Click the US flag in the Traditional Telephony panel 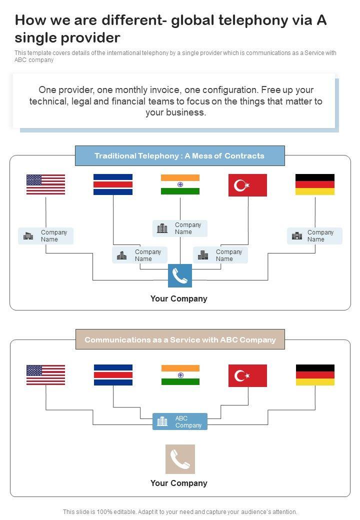click(45, 184)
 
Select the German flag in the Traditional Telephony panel click(315, 184)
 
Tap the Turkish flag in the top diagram click(247, 185)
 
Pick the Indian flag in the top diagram click(180, 184)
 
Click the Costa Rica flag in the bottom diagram click(113, 375)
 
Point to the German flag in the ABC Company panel click(315, 375)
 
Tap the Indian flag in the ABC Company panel click(180, 375)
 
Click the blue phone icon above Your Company click(180, 275)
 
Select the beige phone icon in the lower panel click(180, 459)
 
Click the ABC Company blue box click(180, 421)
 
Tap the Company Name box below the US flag click(46, 236)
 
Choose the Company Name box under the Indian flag click(180, 228)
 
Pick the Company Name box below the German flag click(314, 236)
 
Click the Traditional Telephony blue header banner click(179, 156)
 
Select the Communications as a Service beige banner click(180, 339)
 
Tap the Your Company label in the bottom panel click(178, 483)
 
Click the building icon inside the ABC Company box click(162, 421)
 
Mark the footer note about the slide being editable click(180, 511)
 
